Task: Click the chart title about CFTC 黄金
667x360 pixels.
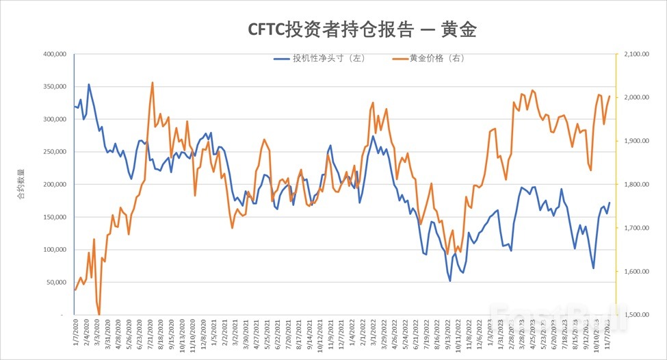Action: [361, 29]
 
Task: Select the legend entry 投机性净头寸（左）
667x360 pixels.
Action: [319, 58]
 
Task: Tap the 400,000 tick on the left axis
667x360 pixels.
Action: [53, 54]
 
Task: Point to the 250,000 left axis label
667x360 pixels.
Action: [53, 152]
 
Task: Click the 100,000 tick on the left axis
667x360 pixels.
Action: [53, 250]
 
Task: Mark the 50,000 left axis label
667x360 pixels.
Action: [55, 282]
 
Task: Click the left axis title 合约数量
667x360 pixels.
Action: [20, 185]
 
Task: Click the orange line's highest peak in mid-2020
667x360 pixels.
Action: [152, 83]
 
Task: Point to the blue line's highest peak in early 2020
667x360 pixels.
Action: [89, 85]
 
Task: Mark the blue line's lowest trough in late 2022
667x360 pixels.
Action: [450, 281]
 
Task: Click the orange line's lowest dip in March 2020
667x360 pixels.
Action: [99, 314]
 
